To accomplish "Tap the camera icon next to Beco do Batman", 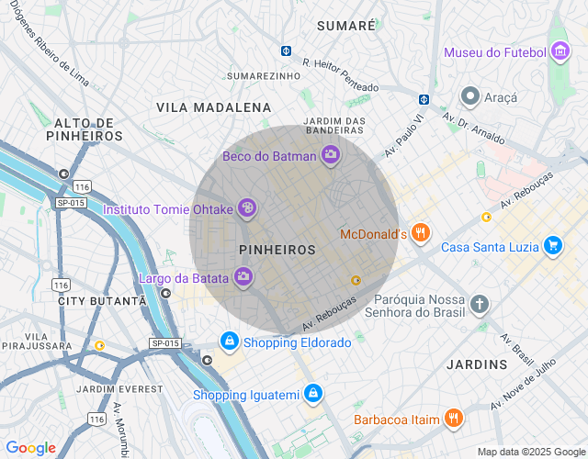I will (331, 155).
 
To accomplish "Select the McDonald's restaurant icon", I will (421, 233).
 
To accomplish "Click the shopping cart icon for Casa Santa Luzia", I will (552, 245).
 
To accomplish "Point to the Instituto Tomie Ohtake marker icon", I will (246, 209).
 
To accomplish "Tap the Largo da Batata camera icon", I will (243, 276).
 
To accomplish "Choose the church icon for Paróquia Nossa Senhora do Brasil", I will (479, 304).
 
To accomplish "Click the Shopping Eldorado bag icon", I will (229, 341).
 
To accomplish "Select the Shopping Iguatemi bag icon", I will (313, 394).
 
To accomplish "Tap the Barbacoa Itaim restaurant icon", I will (453, 420).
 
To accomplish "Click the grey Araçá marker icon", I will (470, 96).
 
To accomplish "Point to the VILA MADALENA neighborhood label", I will (214, 107).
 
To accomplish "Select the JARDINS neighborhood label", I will (477, 364).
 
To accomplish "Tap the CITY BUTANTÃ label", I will (102, 301).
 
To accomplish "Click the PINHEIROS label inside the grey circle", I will (277, 250).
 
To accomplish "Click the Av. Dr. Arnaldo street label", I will (473, 129).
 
